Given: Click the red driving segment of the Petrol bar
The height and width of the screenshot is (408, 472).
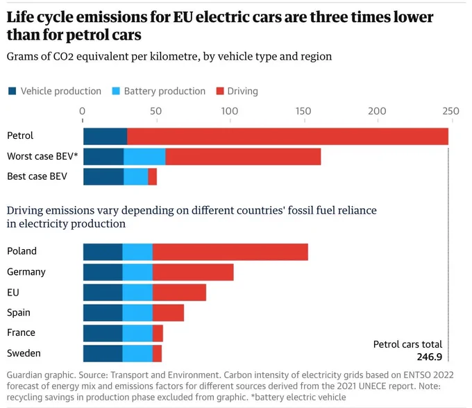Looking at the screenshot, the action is (287, 136).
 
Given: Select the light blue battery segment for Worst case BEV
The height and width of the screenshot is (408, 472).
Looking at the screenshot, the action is (144, 156).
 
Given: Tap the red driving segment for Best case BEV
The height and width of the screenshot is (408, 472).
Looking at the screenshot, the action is (152, 177).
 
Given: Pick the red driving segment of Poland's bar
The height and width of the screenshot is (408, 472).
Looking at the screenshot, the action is (230, 252).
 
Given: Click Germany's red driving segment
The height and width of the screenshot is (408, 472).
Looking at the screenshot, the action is (193, 272).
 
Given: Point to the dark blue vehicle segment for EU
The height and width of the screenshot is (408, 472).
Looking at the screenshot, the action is (103, 292).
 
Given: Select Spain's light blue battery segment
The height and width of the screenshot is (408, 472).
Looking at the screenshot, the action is (137, 313).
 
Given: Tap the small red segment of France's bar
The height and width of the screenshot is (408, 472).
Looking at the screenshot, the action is (158, 333).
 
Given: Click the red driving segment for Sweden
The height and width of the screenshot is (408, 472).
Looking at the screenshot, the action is (157, 354).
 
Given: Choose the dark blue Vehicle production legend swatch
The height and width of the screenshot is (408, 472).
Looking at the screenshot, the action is (12, 91).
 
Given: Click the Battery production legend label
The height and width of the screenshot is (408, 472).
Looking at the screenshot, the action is (165, 91).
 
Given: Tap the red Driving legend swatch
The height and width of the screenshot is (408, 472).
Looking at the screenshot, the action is (220, 91).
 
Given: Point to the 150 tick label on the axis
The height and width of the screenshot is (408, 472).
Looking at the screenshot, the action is (303, 111).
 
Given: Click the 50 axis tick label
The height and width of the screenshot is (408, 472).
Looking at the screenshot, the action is (156, 111).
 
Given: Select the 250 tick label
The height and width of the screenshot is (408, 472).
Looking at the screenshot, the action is (450, 111).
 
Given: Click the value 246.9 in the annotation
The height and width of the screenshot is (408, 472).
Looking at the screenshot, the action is (430, 357).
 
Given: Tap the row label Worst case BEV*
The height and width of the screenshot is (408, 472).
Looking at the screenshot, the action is (42, 156).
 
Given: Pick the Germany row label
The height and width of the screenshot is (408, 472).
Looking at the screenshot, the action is (26, 272).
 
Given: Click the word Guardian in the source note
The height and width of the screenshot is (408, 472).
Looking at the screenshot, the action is (24, 375).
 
